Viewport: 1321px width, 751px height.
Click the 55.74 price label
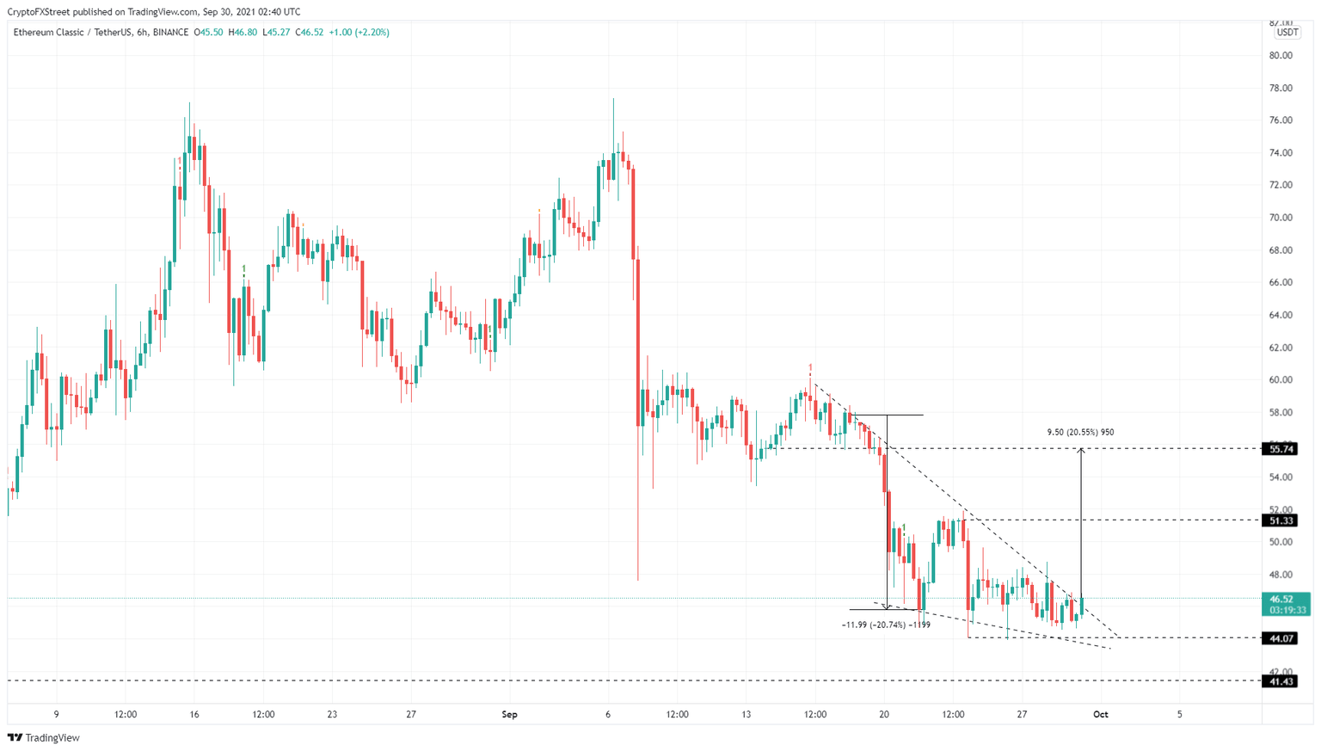coord(1281,449)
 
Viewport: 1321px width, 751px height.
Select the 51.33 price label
coord(1281,520)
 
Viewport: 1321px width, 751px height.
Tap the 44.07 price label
coord(1281,638)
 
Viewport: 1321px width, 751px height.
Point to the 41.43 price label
coord(1281,681)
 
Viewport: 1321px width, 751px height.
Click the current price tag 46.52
coord(1281,599)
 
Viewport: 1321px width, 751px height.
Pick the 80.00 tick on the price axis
coord(1281,56)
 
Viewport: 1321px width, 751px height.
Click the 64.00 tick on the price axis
coord(1281,315)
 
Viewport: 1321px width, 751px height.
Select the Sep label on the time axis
coord(509,715)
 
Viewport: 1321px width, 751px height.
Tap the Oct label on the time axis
coord(1100,715)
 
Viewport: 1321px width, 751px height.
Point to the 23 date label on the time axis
coord(332,715)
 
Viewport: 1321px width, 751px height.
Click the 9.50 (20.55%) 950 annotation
coord(1080,432)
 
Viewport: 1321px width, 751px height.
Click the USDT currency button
coord(1287,33)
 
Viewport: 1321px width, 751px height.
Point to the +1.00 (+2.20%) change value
coord(359,33)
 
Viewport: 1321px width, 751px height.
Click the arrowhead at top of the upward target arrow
coord(1081,452)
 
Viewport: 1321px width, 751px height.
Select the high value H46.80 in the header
coord(243,33)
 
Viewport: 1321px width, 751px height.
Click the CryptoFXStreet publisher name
coord(38,12)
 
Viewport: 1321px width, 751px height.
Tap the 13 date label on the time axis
coord(747,715)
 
